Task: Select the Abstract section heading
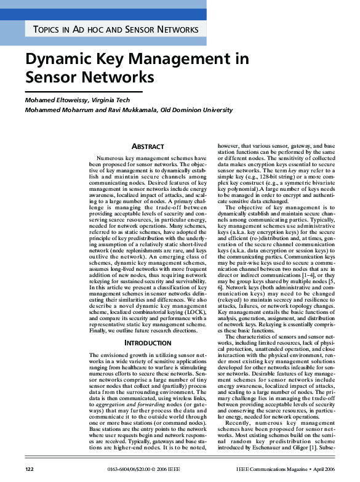pyautogui.click(x=148, y=147)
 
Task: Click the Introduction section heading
pyautogui.click(x=148, y=342)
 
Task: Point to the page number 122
pyautogui.click(x=29, y=470)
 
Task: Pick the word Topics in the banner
pyautogui.click(x=47, y=30)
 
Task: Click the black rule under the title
pyautogui.click(x=83, y=91)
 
